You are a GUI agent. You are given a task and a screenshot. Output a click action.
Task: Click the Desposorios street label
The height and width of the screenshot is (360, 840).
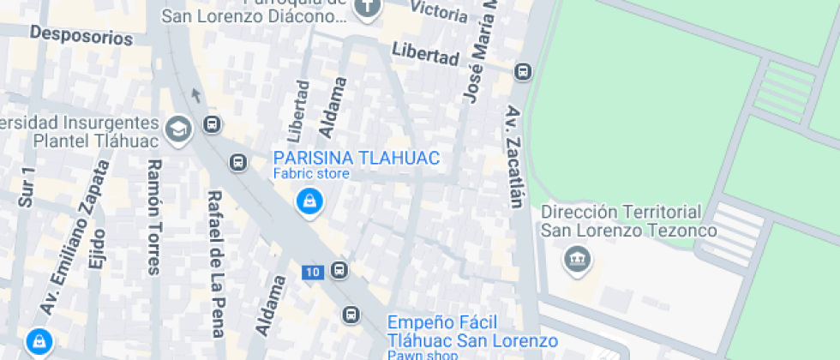coord(81,36)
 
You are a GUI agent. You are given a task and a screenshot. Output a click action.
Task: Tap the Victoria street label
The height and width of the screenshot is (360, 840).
coord(440,10)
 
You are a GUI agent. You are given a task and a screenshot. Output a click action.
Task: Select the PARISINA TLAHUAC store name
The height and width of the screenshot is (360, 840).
coord(356,158)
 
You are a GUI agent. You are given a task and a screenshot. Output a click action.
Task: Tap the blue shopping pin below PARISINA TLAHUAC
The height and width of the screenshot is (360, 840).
coord(308,202)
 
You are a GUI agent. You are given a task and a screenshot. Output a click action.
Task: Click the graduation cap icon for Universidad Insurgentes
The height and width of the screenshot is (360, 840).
coord(179,129)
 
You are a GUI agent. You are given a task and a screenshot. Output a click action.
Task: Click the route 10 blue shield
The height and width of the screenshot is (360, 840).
coord(312,273)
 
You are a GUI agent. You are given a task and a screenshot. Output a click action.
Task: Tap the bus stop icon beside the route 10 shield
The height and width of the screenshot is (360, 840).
coord(339,272)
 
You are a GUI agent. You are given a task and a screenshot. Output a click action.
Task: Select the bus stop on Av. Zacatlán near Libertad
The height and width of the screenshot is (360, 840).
coord(522,72)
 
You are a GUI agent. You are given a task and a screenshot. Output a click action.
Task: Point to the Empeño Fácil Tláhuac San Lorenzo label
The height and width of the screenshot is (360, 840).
coord(460,332)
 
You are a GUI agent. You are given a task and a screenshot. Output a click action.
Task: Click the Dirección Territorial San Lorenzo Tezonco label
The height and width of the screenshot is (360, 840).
coord(621,220)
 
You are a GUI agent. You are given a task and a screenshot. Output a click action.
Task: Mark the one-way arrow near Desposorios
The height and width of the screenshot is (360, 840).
coord(196,95)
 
